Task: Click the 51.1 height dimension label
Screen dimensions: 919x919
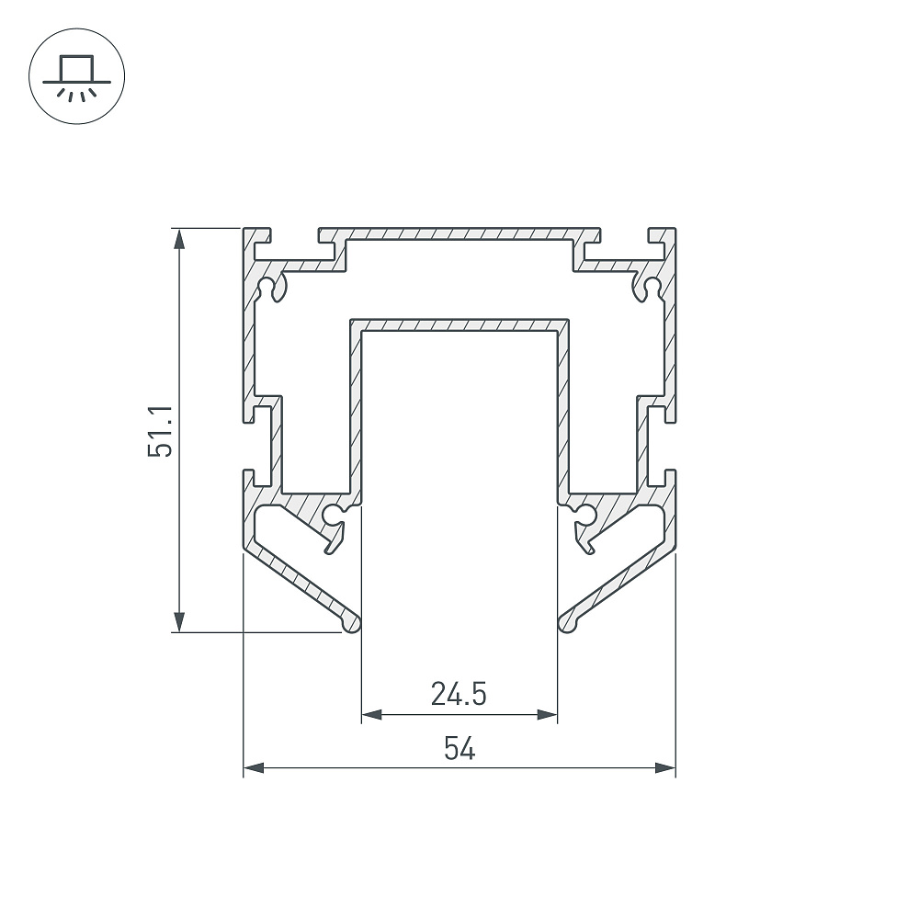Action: coord(160,431)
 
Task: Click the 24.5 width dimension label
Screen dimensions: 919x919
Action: coord(459,694)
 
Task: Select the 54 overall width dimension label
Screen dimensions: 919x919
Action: coord(459,748)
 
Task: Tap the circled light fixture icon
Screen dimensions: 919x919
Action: coord(77,76)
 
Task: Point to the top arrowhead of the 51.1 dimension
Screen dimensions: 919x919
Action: coord(179,239)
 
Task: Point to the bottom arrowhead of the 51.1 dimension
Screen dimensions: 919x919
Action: coord(179,621)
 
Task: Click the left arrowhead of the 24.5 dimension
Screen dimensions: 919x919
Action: coord(372,714)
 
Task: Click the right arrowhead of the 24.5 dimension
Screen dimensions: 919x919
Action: coord(546,714)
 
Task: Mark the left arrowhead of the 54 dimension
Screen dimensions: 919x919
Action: coord(254,767)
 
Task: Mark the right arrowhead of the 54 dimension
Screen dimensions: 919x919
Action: coord(665,767)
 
